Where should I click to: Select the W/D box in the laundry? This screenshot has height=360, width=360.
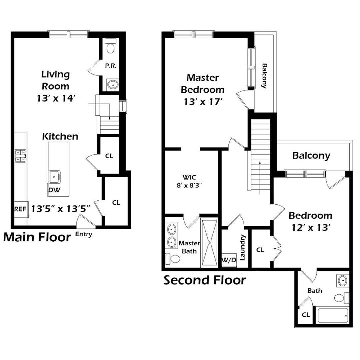[x=229, y=260]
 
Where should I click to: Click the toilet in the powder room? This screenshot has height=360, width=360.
[x=110, y=47]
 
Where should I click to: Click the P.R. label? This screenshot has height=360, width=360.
[x=111, y=66]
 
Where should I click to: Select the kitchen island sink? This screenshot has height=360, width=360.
[x=54, y=177]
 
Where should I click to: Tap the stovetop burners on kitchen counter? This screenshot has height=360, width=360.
[x=20, y=155]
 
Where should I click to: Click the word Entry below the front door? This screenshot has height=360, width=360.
[x=84, y=234]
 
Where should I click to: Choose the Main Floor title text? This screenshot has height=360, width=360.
[x=37, y=237]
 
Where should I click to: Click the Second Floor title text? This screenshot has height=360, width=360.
[x=204, y=280]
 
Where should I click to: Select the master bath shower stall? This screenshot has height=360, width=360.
[x=209, y=242]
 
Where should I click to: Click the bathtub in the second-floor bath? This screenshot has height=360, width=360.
[x=333, y=315]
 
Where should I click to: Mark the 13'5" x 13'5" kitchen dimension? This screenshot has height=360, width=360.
[x=61, y=209]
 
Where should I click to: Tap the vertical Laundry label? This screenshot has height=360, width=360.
[x=243, y=248]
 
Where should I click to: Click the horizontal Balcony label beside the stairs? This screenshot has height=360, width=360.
[x=311, y=156]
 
